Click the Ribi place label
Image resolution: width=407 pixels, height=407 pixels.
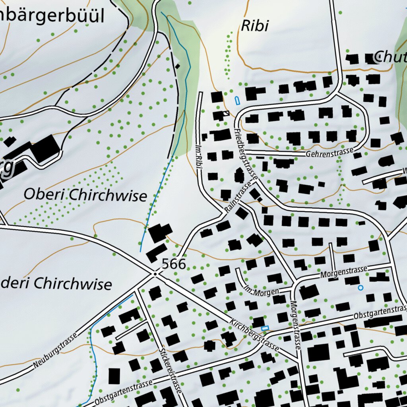255,26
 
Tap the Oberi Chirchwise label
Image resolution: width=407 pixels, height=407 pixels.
85,195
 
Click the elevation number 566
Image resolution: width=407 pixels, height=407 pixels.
174,264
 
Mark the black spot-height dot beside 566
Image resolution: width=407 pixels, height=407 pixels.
155,274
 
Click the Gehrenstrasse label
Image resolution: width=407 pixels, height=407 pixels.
329,152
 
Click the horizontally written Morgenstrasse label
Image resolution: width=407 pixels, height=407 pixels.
343,272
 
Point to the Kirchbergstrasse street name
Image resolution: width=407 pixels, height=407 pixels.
254,334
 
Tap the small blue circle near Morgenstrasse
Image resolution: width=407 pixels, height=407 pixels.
360,287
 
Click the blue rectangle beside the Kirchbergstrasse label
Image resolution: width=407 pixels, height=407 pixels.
265,328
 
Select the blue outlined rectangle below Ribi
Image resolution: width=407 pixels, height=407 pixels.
237,100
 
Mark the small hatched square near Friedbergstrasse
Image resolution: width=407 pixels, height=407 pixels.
226,114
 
